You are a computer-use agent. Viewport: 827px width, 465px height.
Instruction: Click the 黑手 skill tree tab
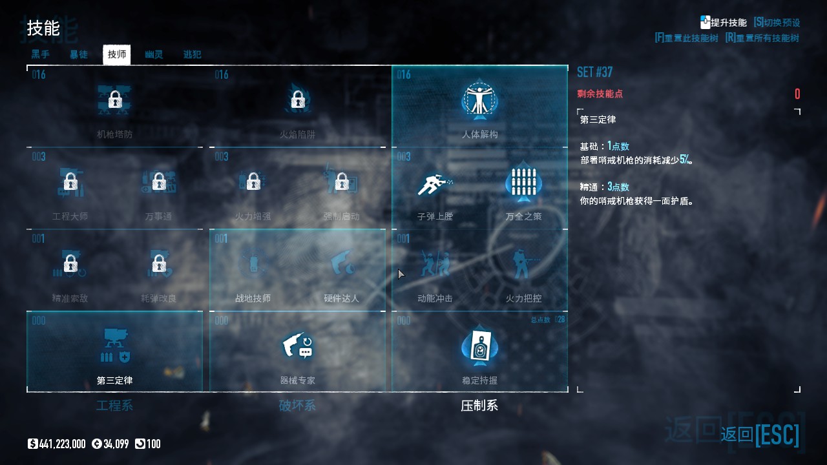[41, 54]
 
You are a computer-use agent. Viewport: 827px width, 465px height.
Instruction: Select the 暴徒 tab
[79, 54]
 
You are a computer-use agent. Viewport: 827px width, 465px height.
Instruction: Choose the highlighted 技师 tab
[117, 54]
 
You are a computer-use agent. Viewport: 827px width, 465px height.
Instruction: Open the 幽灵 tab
[154, 54]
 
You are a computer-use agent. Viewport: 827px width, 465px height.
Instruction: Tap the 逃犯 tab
[193, 54]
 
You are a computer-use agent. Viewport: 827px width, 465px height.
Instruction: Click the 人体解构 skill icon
[479, 100]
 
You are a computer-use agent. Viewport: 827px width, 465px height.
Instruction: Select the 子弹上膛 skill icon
[435, 183]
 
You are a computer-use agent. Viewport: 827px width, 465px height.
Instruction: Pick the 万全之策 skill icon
[523, 182]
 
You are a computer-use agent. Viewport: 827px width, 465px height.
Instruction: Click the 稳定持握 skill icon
[479, 347]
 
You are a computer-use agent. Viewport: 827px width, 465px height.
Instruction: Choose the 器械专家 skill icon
[297, 347]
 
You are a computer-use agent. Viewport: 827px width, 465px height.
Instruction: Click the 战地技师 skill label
[253, 298]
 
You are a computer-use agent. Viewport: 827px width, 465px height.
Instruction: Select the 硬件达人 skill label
[341, 298]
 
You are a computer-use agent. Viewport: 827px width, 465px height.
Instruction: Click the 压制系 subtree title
[479, 406]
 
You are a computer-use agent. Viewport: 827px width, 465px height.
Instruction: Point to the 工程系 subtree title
[114, 406]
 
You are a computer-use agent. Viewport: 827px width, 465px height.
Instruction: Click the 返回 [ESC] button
[760, 435]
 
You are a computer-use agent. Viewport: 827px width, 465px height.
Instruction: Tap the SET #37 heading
[594, 72]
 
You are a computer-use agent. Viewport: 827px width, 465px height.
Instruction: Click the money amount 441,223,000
[62, 444]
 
